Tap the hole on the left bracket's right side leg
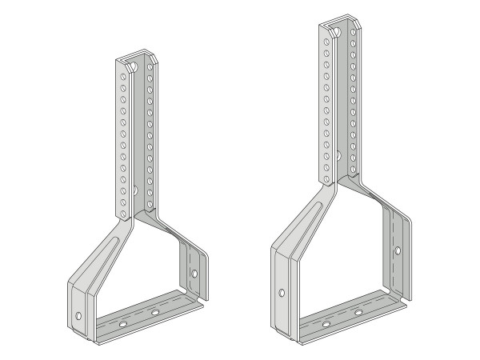[x=194, y=274]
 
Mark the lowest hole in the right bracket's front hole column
[x=323, y=178]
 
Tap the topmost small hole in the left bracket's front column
[x=121, y=74]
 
